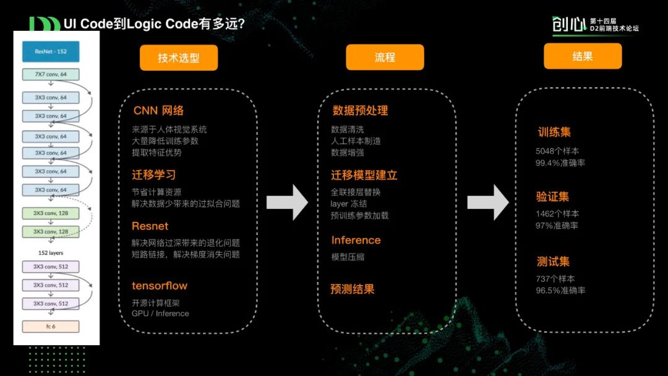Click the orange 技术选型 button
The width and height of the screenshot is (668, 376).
coord(179,58)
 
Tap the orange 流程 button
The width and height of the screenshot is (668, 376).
coord(385,57)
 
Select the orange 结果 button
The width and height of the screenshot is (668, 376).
coord(583,56)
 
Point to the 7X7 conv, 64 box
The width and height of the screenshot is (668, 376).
coord(51,75)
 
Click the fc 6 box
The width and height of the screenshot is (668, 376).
coord(51,326)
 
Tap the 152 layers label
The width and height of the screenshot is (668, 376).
coord(51,252)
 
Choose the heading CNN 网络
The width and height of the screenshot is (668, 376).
coord(158,111)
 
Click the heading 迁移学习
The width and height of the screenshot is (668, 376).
coord(154,174)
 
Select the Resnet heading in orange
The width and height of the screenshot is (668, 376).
coord(150,226)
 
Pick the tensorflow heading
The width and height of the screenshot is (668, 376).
coord(159,286)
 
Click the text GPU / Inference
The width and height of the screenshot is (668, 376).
coord(160,314)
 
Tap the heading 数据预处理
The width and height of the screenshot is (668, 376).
coord(360,111)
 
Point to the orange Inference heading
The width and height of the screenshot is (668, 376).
coord(356,240)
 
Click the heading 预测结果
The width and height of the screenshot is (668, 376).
coord(353,289)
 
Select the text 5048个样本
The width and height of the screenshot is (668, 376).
coord(557,151)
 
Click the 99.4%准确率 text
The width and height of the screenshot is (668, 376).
coord(560,163)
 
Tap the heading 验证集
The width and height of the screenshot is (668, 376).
coord(552,197)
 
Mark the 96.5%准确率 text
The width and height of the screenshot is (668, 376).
coord(560,291)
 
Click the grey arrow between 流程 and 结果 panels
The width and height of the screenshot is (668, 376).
coord(488,202)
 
